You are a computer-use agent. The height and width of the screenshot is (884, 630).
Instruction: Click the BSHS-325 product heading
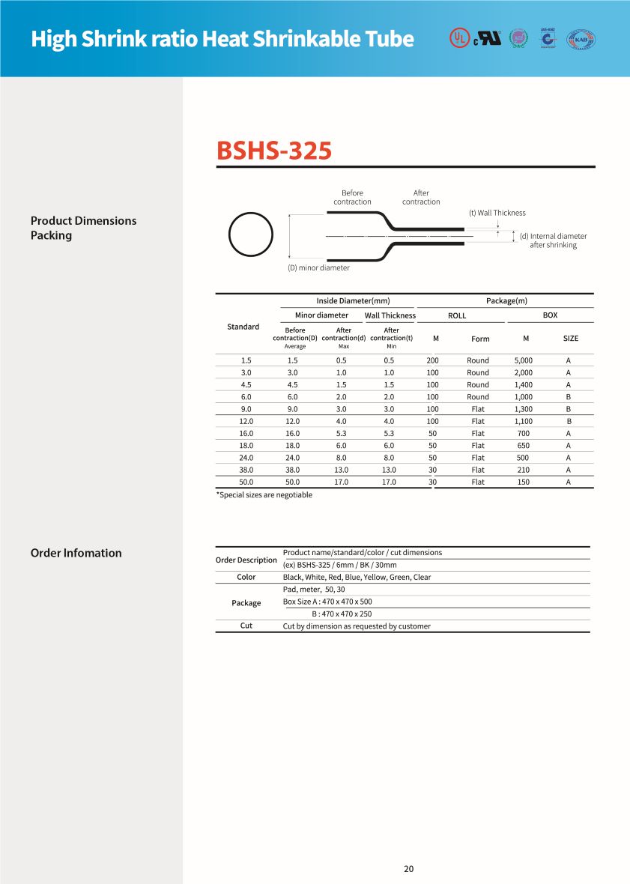273,151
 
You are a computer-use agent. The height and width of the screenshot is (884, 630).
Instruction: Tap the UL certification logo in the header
458,37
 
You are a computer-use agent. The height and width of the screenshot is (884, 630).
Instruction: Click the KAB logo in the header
581,38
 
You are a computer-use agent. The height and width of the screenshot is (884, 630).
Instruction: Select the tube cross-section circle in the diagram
250,236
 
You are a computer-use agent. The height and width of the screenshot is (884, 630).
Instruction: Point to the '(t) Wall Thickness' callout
497,213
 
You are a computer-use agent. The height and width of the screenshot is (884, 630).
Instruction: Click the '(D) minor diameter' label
318,267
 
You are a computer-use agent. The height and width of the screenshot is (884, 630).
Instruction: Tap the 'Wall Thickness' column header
390,315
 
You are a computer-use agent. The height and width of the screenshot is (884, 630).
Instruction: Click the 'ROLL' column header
456,315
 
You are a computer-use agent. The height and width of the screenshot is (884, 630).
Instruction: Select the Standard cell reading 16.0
246,433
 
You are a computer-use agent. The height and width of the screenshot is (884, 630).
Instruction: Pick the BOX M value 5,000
523,360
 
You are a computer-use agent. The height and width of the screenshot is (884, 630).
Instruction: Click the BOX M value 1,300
523,409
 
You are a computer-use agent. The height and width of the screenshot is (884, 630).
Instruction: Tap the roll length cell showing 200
432,360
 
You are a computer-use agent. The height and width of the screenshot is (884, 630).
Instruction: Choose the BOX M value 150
523,482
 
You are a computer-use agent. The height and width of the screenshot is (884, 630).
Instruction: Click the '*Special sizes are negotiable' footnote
264,494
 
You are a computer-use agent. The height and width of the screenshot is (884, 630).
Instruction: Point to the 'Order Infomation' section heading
76,553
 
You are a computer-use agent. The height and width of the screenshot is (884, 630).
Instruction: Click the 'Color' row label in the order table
246,577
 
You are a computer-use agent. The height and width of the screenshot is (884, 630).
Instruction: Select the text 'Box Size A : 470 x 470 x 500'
327,602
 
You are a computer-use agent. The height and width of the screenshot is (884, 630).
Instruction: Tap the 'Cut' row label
246,626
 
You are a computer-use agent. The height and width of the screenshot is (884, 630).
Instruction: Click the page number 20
408,869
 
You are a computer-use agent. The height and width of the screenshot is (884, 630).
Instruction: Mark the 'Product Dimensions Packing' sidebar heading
83,228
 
